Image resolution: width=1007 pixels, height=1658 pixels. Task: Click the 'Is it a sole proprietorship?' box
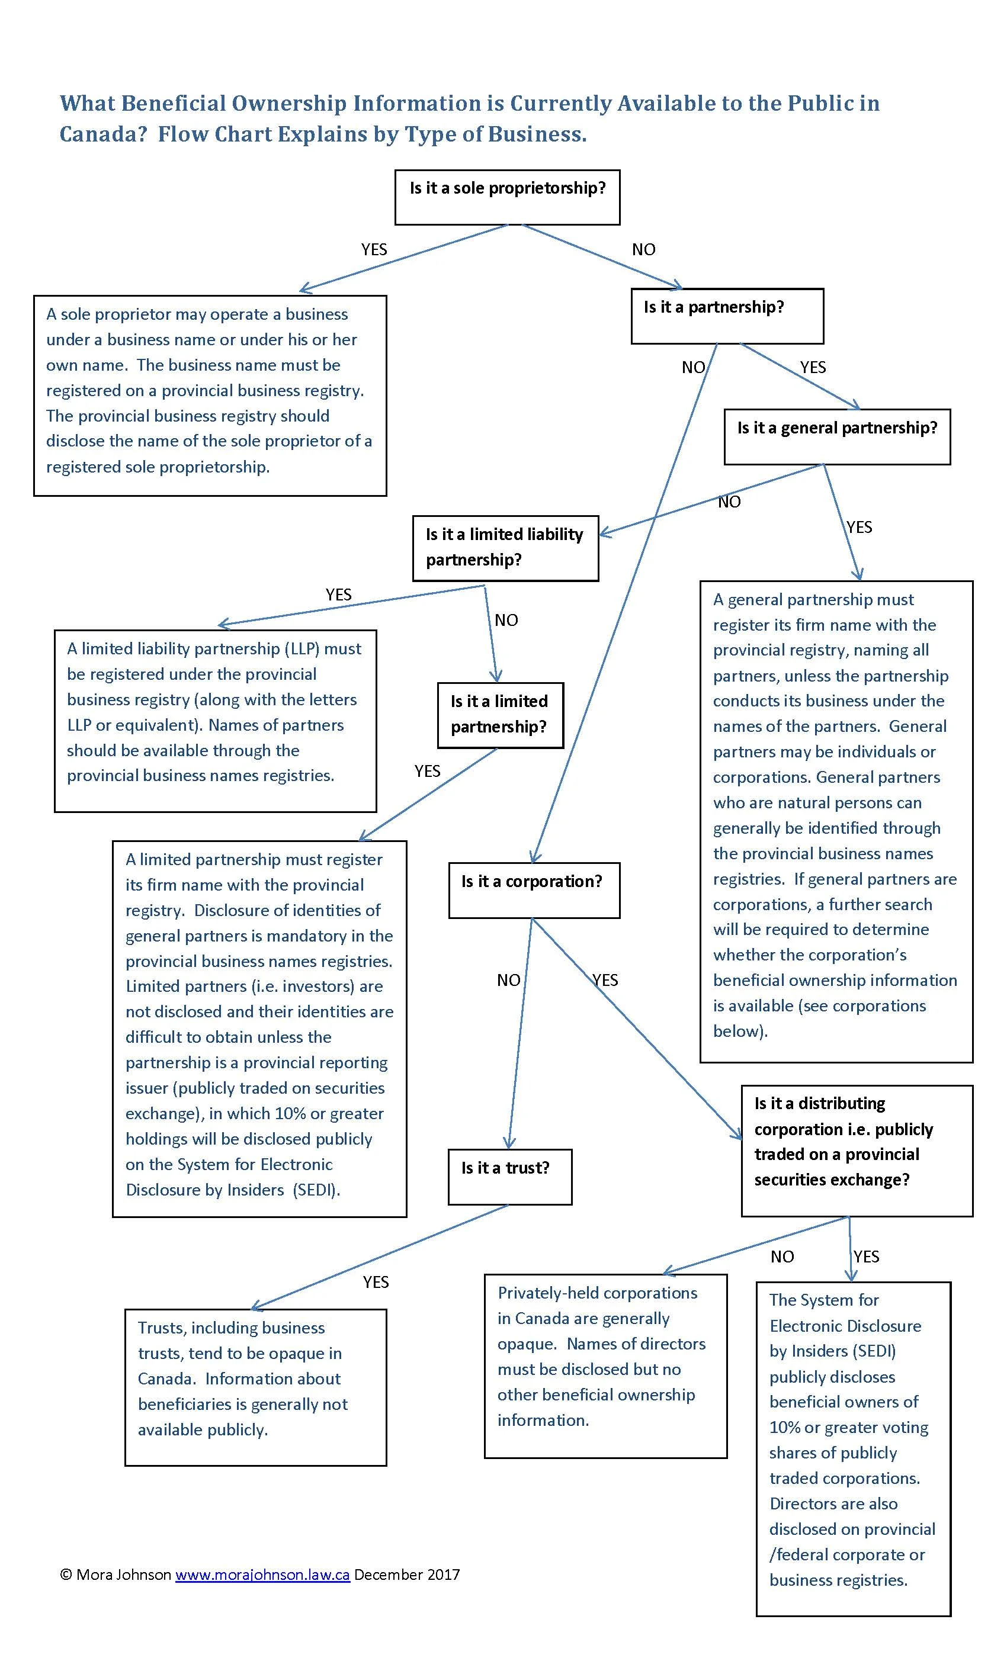pos(507,197)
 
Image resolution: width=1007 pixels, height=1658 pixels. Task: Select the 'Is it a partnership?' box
pos(727,316)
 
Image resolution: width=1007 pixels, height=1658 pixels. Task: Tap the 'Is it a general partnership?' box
pos(836,436)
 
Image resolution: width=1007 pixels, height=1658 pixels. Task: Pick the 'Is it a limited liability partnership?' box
pos(505,548)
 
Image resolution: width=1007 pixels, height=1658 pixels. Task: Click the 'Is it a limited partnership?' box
pos(499,715)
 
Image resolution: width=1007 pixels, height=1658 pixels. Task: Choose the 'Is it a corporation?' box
pos(533,889)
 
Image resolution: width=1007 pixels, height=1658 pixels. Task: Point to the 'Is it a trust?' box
pos(509,1176)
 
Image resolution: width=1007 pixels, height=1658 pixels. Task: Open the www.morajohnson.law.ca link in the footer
pos(262,1575)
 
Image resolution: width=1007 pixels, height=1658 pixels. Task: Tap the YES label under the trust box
pos(376,1282)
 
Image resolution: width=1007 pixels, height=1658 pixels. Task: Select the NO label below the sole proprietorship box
pos(643,250)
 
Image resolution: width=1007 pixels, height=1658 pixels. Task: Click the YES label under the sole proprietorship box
pos(374,250)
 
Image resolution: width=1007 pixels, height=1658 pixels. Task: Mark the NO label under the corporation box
pos(508,981)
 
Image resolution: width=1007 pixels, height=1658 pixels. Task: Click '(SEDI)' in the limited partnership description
pos(316,1190)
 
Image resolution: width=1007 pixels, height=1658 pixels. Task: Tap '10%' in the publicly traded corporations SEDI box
pos(784,1427)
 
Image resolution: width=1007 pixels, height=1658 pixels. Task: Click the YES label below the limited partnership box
pos(426,771)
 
